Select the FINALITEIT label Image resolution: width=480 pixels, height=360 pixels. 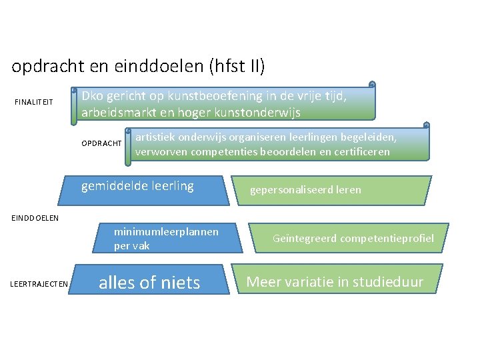[x=34, y=102]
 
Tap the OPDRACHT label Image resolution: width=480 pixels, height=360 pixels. [x=101, y=143]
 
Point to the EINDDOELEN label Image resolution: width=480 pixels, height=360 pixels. [x=35, y=217]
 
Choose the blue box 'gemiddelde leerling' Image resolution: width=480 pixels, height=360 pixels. [x=137, y=187]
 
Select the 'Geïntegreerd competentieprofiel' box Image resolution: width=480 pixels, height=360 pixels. [x=353, y=238]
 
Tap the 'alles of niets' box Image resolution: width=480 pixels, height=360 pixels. [x=149, y=283]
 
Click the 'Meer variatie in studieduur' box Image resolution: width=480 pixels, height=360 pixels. [x=335, y=281]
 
